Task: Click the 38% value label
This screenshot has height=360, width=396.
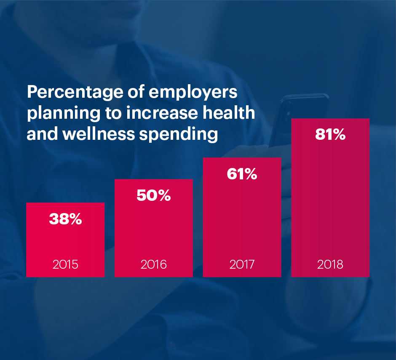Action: point(65,219)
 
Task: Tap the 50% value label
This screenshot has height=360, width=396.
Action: point(153,195)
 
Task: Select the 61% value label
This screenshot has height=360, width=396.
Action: point(242,174)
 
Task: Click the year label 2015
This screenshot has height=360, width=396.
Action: point(65,264)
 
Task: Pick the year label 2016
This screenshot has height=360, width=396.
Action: point(153,264)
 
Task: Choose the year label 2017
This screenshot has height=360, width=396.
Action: point(242,264)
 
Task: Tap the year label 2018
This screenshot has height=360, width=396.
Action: point(330,264)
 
